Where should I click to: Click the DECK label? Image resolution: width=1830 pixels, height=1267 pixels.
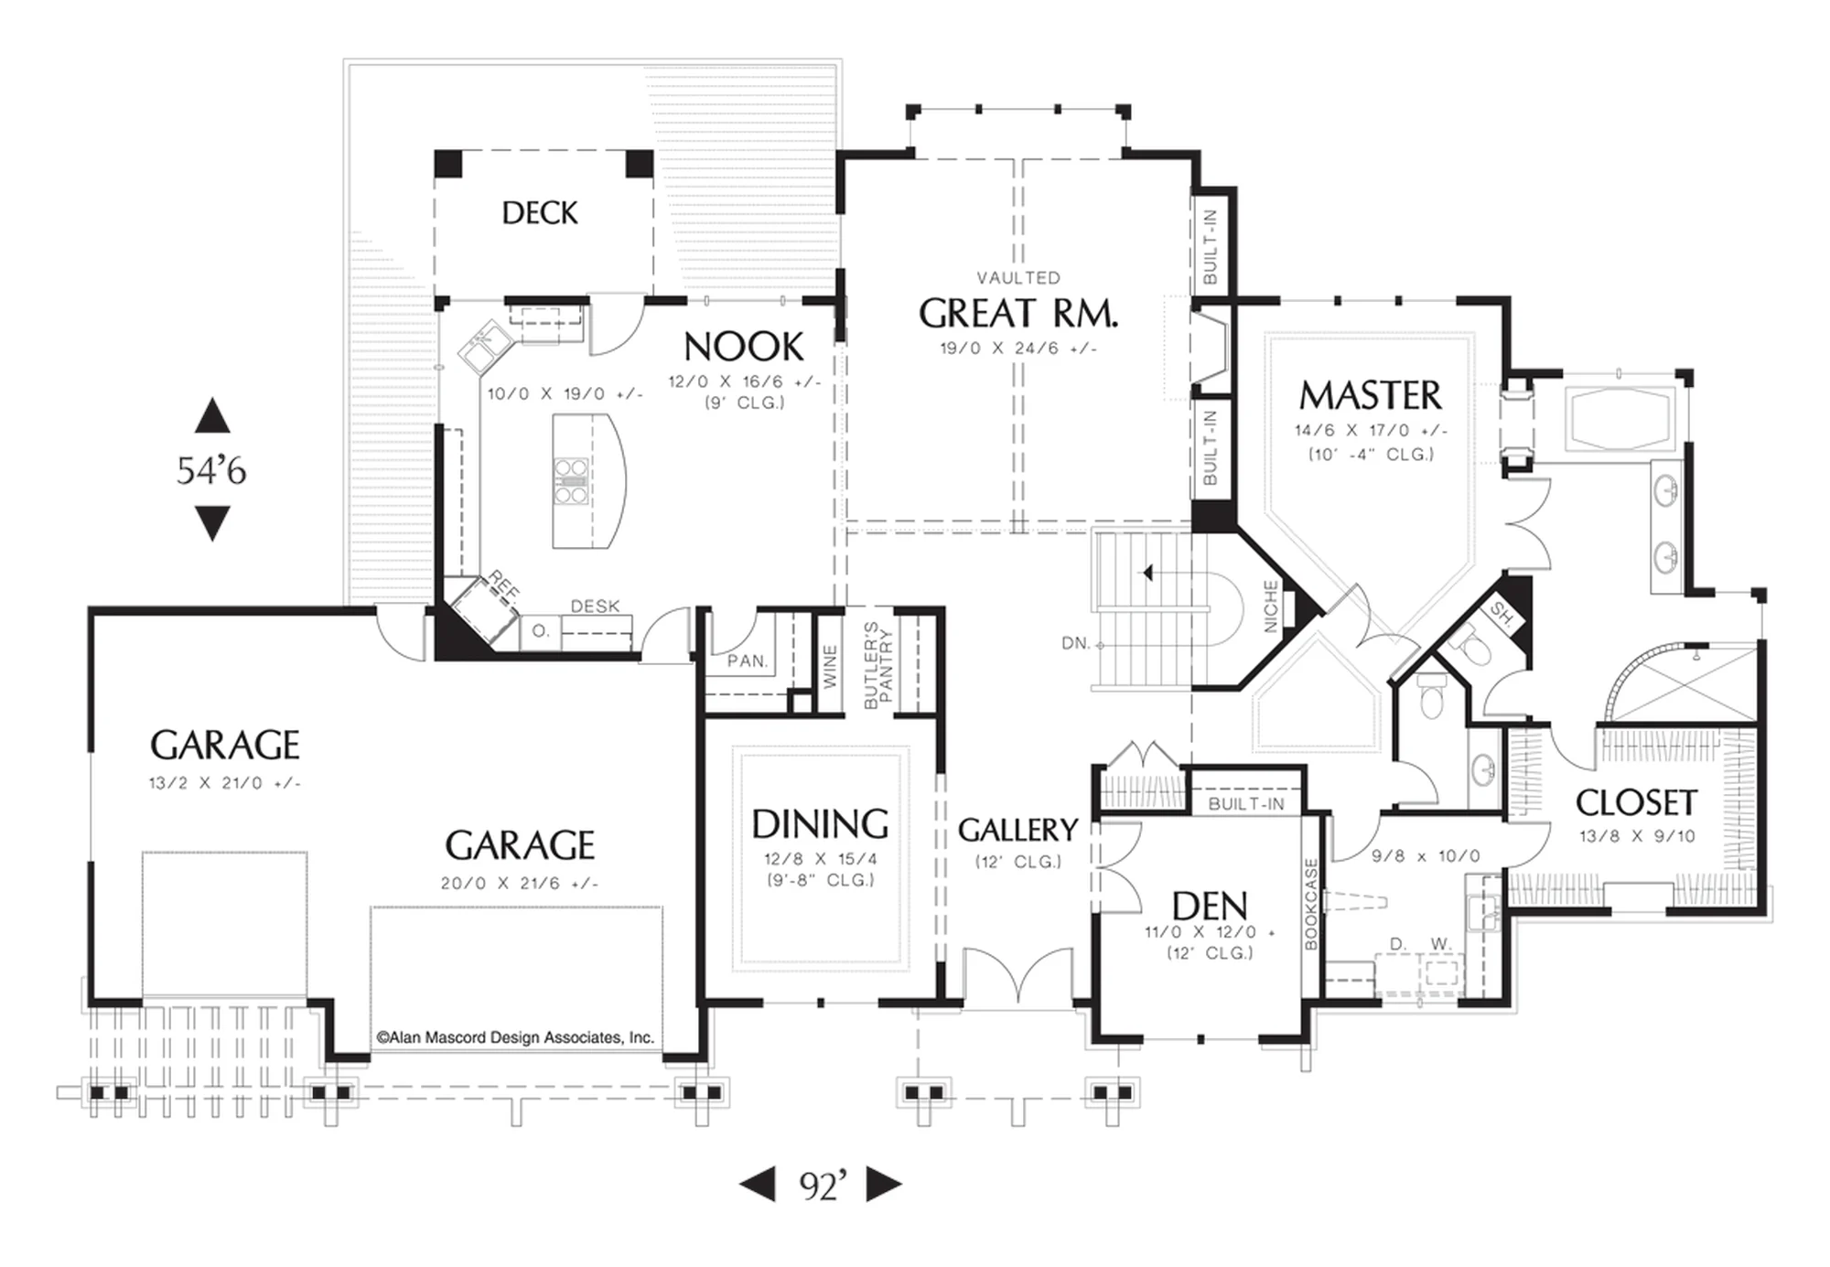(540, 213)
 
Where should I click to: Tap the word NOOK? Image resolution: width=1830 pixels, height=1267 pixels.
(744, 347)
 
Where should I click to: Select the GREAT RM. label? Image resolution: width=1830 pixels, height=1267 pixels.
(1018, 314)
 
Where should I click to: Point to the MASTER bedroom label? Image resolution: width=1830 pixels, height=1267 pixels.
(1370, 395)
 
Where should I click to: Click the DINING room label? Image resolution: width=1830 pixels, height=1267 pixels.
(820, 824)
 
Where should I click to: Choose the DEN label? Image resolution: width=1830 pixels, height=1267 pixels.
(1210, 907)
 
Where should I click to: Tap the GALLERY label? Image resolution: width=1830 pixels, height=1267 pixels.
(1017, 830)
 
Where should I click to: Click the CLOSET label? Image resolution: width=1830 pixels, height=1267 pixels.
(1636, 802)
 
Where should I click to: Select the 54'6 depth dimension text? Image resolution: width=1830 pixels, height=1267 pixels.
(211, 470)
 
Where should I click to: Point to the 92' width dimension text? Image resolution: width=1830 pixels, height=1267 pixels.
(823, 1186)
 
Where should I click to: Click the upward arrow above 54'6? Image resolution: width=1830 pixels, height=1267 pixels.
(212, 415)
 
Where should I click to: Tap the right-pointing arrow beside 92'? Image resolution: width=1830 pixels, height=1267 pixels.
(884, 1184)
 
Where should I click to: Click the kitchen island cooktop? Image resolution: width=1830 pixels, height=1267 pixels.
(571, 481)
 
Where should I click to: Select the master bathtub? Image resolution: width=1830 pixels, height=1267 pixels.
(1620, 420)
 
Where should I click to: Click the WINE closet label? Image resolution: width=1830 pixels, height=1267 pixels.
(830, 666)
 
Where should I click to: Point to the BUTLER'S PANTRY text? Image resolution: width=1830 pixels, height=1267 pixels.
(877, 665)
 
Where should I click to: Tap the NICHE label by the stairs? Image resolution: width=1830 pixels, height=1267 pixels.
(1270, 606)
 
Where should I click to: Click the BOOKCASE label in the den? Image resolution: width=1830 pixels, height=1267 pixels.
(1310, 903)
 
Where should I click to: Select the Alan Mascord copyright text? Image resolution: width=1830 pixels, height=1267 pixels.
(515, 1037)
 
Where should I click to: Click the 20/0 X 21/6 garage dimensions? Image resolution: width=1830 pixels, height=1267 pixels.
(519, 884)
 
